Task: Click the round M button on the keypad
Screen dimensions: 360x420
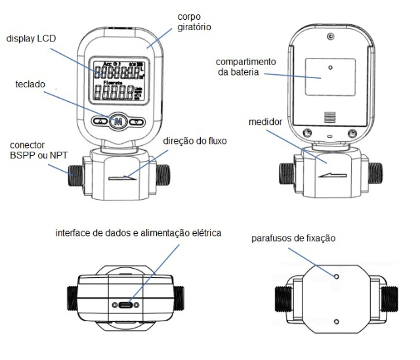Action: pos(117,121)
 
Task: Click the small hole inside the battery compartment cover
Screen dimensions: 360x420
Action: pos(330,67)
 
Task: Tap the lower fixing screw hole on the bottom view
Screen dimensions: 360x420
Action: pos(337,322)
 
